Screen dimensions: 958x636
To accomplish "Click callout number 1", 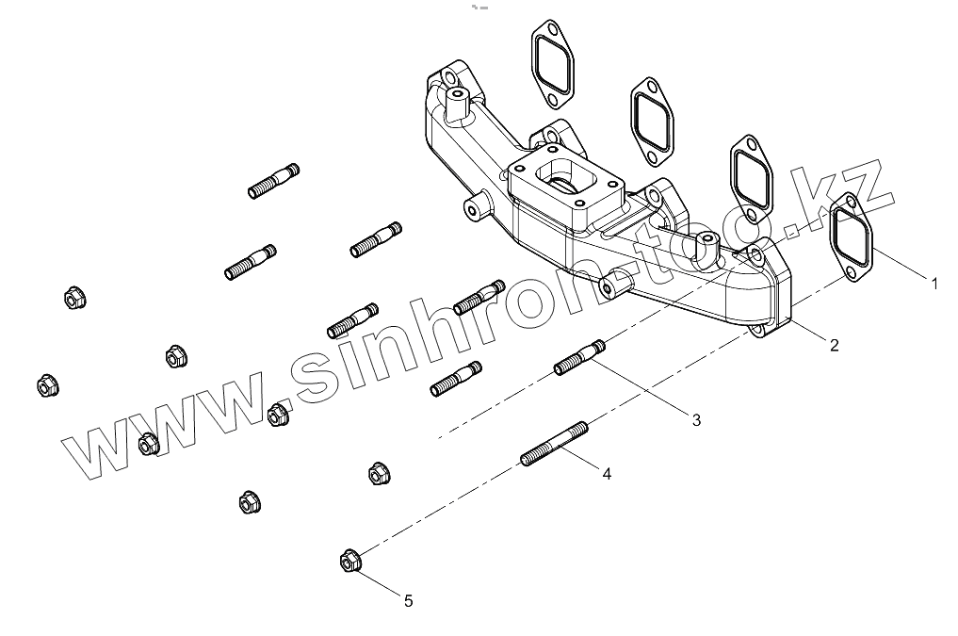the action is pyautogui.click(x=934, y=282).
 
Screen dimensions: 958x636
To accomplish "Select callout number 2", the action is pyautogui.click(x=834, y=345).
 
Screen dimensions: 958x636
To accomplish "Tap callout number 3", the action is pyautogui.click(x=696, y=420).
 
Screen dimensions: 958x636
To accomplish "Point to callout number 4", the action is pyautogui.click(x=607, y=474).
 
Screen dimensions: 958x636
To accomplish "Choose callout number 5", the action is pyautogui.click(x=408, y=599).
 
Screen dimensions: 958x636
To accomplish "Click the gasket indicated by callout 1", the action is pyautogui.click(x=853, y=238).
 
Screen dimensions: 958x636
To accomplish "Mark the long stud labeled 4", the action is pyautogui.click(x=555, y=444).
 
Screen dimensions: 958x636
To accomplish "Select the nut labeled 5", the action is pyautogui.click(x=349, y=563).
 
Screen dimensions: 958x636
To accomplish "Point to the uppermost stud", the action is pyautogui.click(x=274, y=180).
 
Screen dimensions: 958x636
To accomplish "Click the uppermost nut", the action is pyautogui.click(x=73, y=299).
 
